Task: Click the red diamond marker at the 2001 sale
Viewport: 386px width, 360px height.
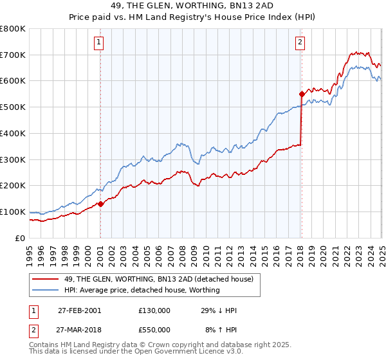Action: (x=100, y=204)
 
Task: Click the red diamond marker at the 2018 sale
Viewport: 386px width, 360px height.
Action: (x=301, y=94)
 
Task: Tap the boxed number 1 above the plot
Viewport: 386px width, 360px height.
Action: (x=99, y=43)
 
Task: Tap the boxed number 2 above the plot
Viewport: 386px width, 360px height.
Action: (x=300, y=43)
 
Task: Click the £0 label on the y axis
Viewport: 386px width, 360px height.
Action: (x=21, y=238)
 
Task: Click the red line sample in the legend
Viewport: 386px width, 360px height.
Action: (x=46, y=279)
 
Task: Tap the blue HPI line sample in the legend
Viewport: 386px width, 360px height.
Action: (x=46, y=290)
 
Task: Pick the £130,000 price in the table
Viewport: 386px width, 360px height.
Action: (x=154, y=310)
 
